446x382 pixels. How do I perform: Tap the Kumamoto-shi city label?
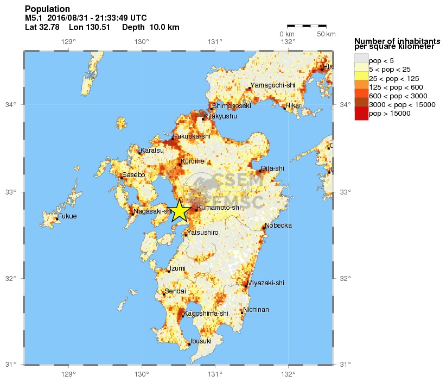pos(219,208)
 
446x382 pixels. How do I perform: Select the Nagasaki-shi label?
pos(153,211)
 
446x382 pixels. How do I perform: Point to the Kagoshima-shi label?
pos(206,314)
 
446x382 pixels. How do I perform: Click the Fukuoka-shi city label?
pos(192,136)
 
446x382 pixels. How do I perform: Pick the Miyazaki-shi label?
pos(265,283)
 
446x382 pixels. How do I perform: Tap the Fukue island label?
pos(68,216)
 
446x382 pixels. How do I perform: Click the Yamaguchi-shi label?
pos(272,85)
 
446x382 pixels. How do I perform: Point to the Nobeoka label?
pos(279,226)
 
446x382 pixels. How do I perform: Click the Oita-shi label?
pos(272,168)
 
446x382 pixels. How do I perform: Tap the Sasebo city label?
pos(133,175)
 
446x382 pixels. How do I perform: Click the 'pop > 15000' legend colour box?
pos(361,114)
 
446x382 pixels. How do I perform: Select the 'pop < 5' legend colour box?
pos(361,60)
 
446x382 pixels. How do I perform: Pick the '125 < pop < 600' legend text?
pos(396,87)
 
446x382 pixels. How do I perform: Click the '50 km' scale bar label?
pos(326,34)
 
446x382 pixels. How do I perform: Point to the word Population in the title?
pos(47,9)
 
